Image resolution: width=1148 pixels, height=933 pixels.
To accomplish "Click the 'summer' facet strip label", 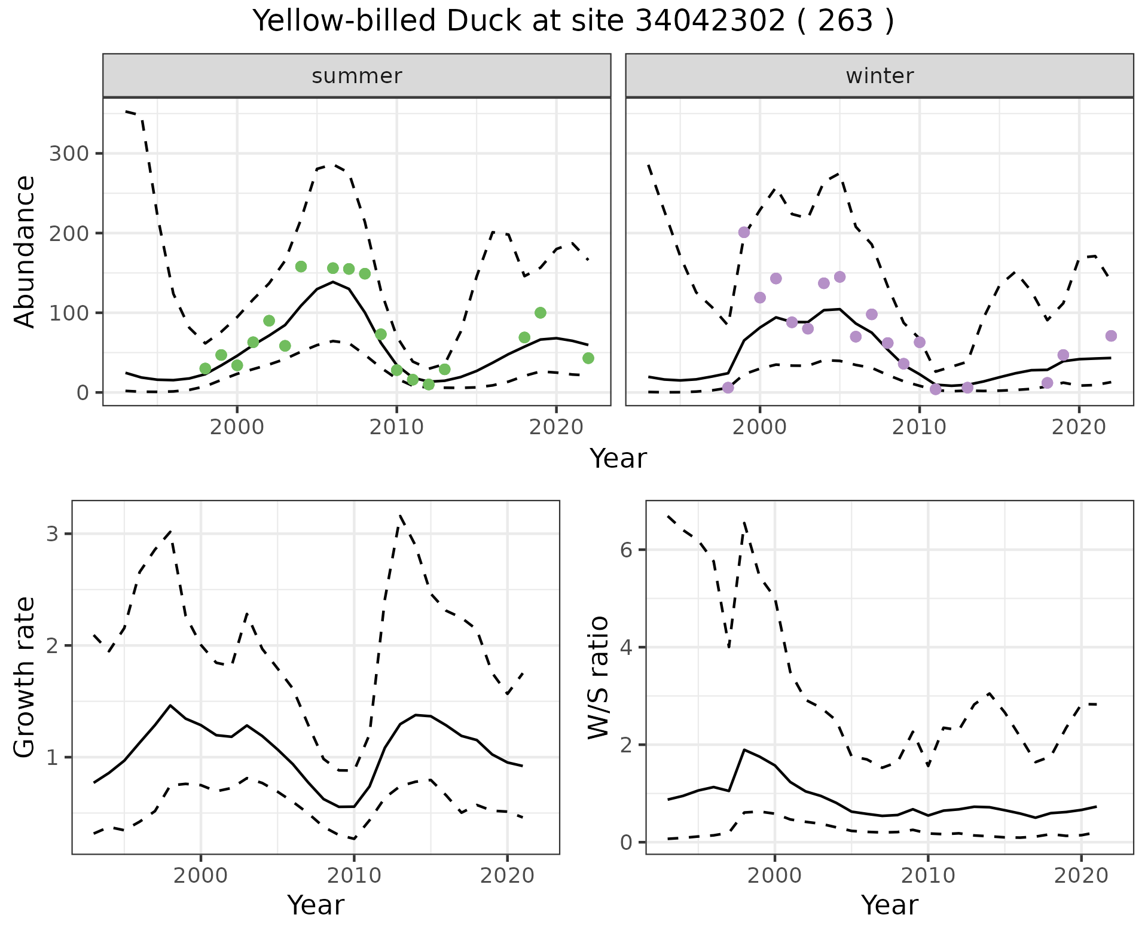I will point(356,76).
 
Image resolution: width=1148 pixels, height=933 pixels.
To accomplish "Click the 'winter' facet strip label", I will point(880,76).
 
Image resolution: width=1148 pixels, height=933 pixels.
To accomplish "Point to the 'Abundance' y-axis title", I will point(25,252).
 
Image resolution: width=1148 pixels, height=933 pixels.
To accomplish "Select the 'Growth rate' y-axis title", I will point(25,677).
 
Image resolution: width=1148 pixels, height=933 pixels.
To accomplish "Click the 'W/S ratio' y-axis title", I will point(599,677).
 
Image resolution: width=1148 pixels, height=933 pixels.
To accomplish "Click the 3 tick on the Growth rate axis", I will point(52,533).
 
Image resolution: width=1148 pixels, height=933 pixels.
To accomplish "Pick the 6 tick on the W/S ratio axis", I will point(626,550).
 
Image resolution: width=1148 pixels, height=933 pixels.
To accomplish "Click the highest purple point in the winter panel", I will point(744,232).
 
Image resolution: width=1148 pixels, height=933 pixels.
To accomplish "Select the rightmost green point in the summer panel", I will point(588,358).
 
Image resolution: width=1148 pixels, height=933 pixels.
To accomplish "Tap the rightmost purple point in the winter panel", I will point(1111,336).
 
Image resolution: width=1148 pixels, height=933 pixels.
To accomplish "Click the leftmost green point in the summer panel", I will point(205,368).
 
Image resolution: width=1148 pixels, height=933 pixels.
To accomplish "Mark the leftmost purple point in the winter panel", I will point(728,388).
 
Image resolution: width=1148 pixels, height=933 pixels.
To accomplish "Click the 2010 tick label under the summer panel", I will point(396,428).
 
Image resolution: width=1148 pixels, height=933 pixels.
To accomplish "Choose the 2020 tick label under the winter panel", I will point(1079,428).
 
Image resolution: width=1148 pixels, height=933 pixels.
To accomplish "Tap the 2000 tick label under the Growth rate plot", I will point(201,876).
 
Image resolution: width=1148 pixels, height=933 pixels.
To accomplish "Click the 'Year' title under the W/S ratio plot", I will point(889,905).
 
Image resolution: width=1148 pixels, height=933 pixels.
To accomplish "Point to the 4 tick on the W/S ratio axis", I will point(626,647).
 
